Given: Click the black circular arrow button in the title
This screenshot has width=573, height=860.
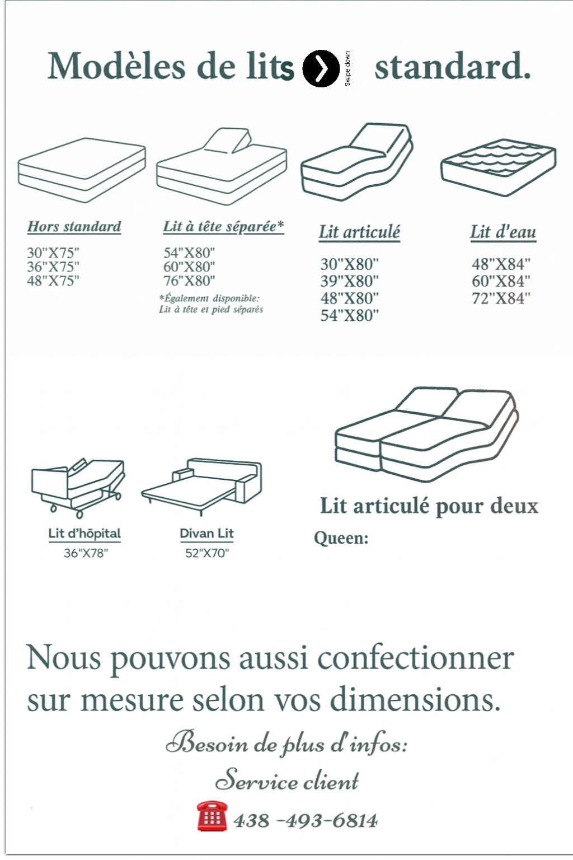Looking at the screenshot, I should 321,68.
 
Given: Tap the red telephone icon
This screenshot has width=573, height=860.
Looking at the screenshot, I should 212,816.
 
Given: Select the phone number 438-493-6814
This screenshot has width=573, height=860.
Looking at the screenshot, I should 305,821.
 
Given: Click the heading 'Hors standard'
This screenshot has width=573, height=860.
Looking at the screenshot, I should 74,227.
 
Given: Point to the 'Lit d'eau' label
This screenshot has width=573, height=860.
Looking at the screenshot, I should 502,232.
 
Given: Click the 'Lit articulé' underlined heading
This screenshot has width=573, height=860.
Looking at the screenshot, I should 359,232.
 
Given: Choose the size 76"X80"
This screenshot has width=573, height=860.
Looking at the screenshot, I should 189,281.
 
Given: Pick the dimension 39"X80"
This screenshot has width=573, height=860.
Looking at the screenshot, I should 349,281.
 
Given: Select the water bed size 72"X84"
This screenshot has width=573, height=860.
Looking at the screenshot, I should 501,298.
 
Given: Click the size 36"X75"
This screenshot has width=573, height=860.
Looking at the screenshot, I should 53,267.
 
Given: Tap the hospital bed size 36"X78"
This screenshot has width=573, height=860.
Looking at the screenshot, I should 86,553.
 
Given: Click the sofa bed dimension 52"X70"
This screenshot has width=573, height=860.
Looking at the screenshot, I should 207,553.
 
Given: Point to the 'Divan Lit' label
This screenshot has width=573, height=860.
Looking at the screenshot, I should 206,534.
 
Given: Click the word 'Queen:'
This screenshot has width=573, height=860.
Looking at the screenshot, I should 341,539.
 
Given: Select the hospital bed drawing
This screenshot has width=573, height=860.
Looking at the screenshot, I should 78,485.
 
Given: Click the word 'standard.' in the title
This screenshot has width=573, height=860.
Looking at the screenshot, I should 452,67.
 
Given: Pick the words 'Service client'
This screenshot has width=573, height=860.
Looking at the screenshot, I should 287,780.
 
